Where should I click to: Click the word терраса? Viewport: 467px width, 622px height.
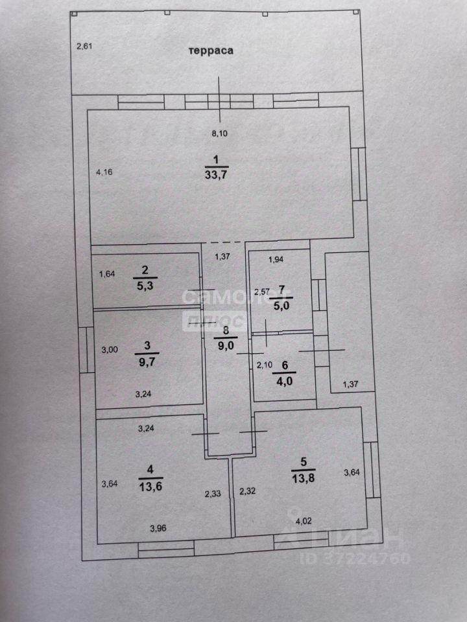pos(211,50)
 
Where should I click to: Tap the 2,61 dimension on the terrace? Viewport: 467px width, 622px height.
pos(86,45)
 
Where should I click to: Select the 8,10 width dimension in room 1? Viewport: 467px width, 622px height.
pos(222,134)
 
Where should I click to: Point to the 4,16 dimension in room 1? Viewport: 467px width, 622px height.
pos(104,172)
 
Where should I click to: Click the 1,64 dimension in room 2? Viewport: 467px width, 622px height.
pos(107,274)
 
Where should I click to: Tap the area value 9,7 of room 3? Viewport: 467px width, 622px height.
pos(147,362)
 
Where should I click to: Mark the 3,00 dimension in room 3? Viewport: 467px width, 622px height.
pos(110,350)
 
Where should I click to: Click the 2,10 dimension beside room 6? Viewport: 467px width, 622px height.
pos(264,365)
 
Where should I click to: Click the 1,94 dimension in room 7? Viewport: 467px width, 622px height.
pos(277,260)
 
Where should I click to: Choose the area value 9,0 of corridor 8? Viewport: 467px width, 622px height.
pos(226,344)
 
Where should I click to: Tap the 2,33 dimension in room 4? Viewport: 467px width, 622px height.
pos(213,494)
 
